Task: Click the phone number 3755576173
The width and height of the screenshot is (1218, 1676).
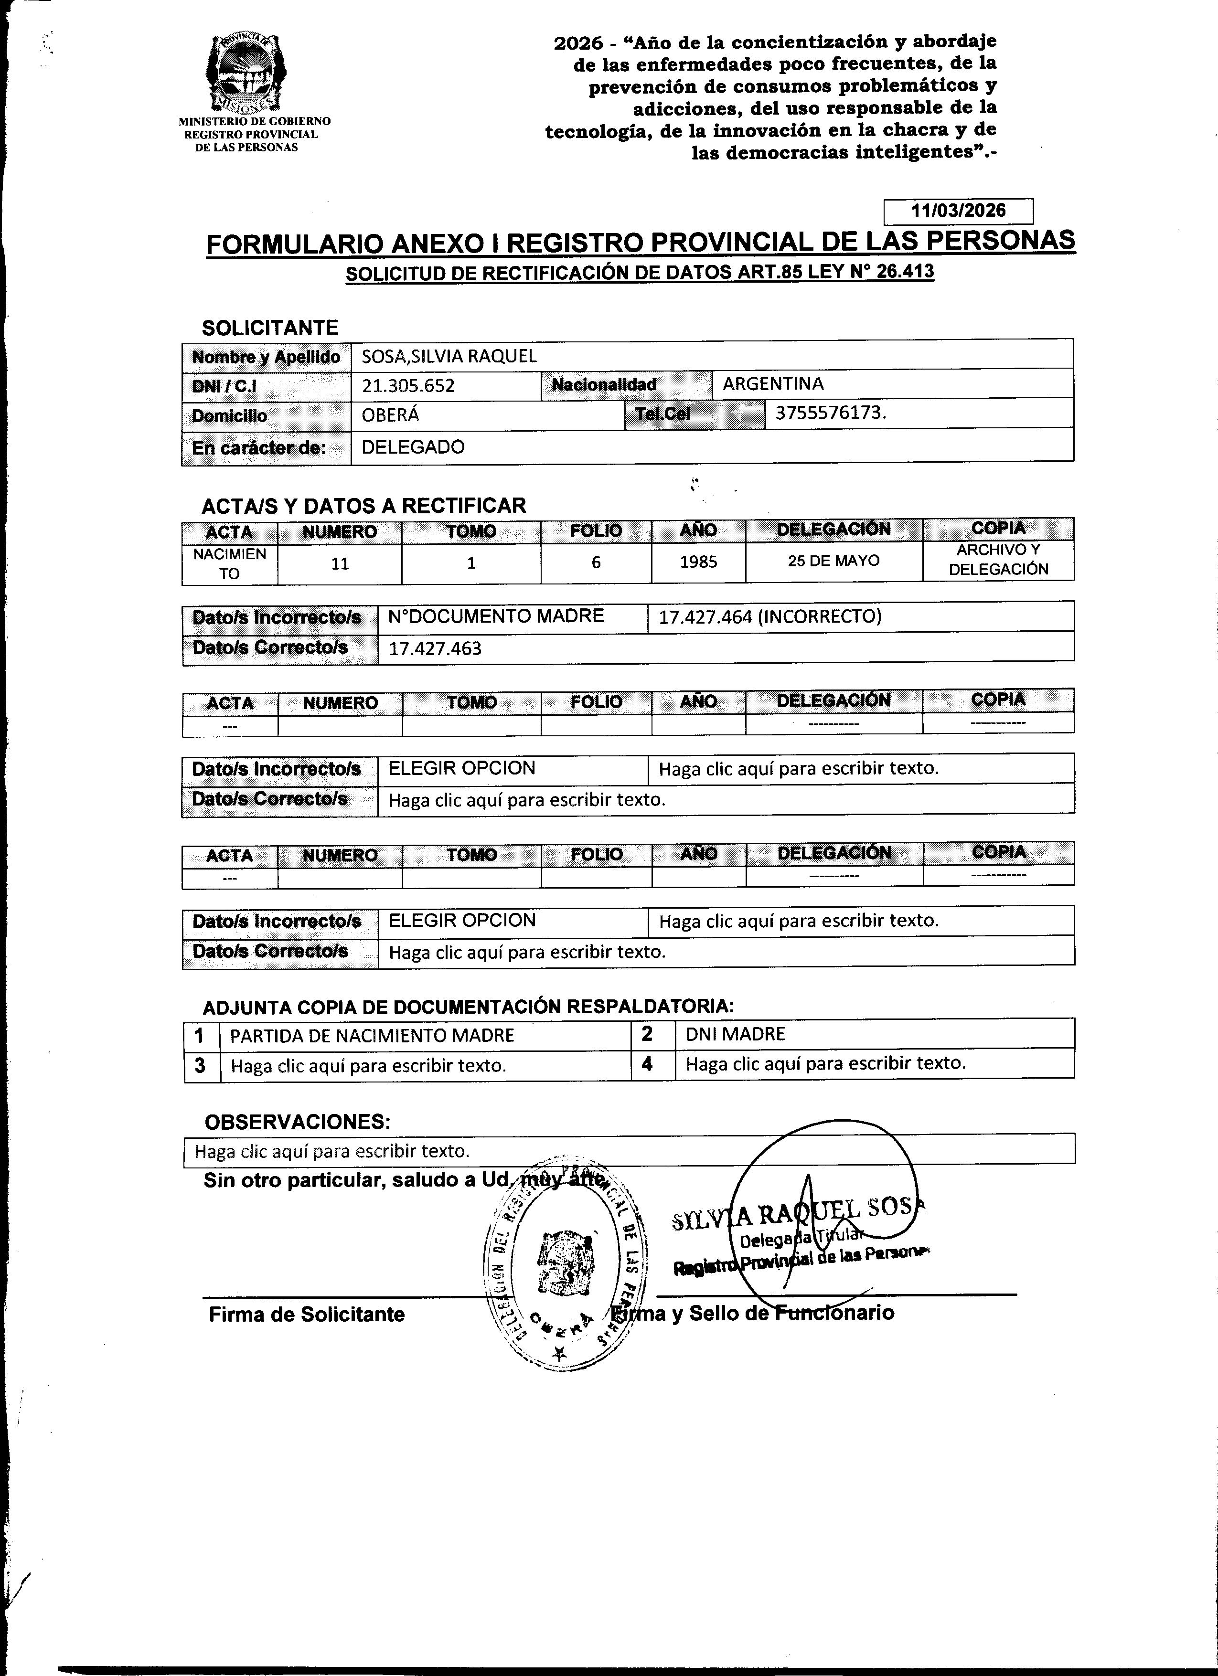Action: coord(829,413)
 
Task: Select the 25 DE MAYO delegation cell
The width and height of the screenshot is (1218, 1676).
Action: coord(833,561)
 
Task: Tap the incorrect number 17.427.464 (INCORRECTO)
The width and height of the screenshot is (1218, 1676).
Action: coord(769,617)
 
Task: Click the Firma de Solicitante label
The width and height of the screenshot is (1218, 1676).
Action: coord(307,1315)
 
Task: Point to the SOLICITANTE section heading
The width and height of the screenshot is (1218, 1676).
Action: coord(270,328)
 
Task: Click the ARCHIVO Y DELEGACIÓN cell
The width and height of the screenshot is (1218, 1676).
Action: coord(998,560)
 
